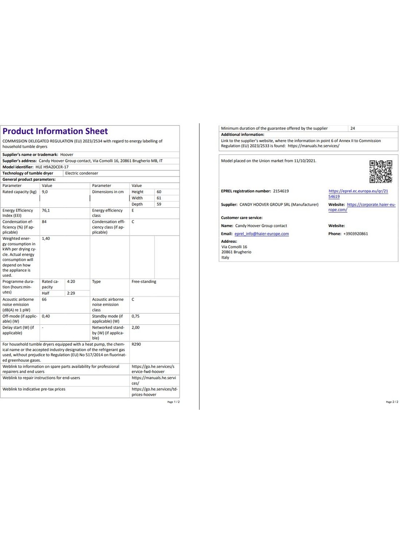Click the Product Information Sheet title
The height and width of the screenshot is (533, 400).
[x=55, y=132]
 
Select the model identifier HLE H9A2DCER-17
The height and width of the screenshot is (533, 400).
[x=52, y=167]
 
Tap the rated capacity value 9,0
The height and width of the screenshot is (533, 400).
[x=45, y=192]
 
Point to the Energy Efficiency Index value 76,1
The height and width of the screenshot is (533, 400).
[x=45, y=211]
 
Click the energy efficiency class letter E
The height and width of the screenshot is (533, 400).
[x=133, y=211]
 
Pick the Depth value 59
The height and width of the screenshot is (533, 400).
[x=159, y=204]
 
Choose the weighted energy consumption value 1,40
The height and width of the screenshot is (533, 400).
[x=46, y=239]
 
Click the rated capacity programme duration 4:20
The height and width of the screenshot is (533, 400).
[x=71, y=282]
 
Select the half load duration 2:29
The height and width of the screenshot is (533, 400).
[x=71, y=293]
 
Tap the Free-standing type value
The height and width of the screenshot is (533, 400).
[x=144, y=282]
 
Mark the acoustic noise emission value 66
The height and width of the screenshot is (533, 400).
[x=44, y=299]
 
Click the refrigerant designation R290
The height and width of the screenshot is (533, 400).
[x=136, y=344]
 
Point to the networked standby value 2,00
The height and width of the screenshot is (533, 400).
[x=135, y=328]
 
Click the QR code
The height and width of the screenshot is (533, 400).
[x=380, y=172]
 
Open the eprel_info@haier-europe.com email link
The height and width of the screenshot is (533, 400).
[x=262, y=234]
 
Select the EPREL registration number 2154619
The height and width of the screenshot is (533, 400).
[x=281, y=191]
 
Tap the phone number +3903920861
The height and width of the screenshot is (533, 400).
[x=355, y=234]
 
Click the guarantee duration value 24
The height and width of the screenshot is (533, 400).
[x=352, y=128]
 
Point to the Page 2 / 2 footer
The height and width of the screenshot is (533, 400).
[x=392, y=402]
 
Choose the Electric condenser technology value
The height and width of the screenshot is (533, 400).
[x=82, y=173]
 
